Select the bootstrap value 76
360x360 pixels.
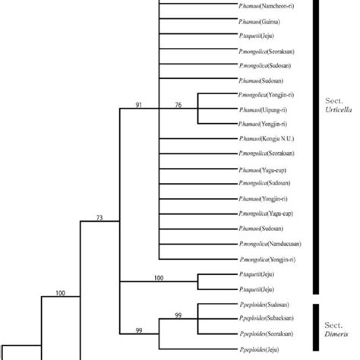click(x=178, y=104)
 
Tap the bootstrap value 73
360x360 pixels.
click(x=99, y=219)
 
